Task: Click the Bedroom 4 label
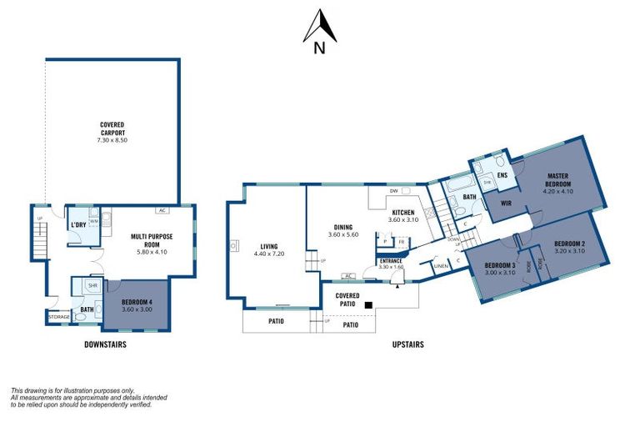pos(137,301)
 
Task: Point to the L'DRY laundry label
pos(79,225)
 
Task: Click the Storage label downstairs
pos(58,317)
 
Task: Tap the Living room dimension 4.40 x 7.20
pos(268,254)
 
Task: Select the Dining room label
pos(342,226)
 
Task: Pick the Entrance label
pos(390,261)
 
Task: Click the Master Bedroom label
pos(557,179)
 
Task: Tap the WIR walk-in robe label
pos(505,201)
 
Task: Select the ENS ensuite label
pos(502,176)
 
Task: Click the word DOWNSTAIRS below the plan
pos(105,344)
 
